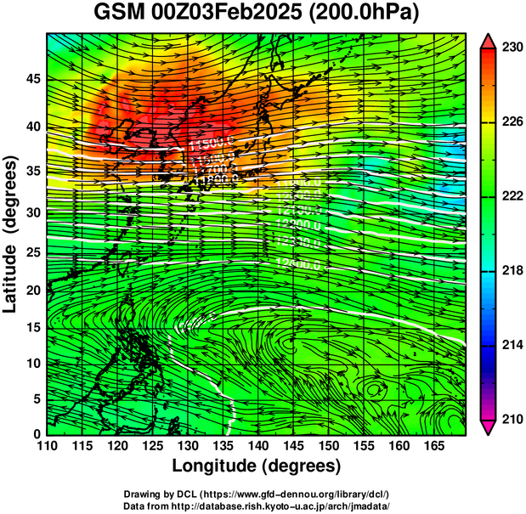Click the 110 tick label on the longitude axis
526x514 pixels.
47,446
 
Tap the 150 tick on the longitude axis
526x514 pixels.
327,446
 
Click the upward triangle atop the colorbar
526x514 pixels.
489,41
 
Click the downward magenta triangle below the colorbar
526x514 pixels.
489,427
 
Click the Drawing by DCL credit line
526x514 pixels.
257,494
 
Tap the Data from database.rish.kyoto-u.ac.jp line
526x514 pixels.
257,506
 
